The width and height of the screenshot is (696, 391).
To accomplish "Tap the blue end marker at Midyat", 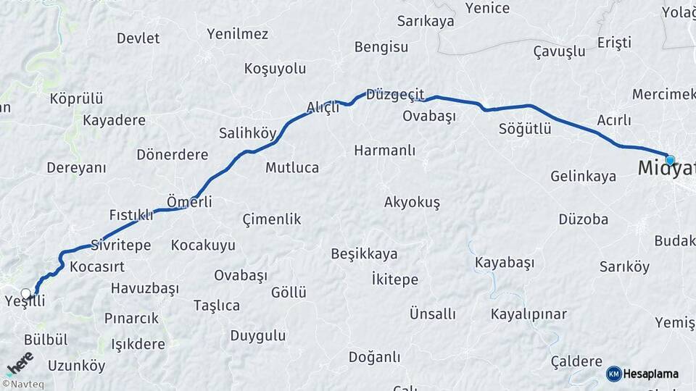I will coord(670,160).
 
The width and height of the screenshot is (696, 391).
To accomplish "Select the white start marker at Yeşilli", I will coord(27,294).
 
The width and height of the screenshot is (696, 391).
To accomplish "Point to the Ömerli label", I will coord(189,202).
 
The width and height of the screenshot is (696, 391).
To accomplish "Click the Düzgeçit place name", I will coord(395,95).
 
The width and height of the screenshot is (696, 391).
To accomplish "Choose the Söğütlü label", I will coord(525,130).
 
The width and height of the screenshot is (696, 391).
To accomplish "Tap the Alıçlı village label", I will coord(323,108).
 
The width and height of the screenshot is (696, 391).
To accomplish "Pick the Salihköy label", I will coord(248,133).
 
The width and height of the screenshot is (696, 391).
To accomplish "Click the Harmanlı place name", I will coord(384,151).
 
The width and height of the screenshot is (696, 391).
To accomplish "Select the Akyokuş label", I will coord(412,202).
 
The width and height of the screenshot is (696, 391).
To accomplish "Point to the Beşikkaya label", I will coord(364,254).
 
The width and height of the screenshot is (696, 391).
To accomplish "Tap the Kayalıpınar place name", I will coord(529,314).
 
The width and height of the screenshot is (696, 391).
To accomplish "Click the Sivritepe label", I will coord(121,245).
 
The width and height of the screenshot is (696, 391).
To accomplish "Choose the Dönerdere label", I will coord(172,155).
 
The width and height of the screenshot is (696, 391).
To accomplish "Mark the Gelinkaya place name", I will coord(583,176).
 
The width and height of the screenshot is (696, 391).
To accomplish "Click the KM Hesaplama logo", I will coord(642,374).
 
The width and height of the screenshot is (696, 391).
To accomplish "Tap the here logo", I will coord(20,363).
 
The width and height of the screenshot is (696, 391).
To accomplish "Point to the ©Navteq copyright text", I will coord(22,384).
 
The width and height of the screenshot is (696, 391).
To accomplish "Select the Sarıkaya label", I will coord(426,21).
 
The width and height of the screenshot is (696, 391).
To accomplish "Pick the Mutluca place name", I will coord(291,168).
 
